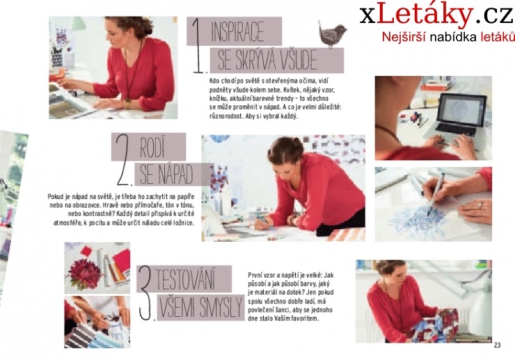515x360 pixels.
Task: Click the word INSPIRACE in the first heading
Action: tap(237, 31)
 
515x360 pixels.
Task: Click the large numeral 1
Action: tap(198, 45)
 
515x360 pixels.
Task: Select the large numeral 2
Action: tap(123, 160)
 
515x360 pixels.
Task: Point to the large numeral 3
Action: tap(145, 292)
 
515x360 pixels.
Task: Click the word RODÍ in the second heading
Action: tap(152, 148)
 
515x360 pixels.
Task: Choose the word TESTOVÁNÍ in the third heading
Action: tap(186, 279)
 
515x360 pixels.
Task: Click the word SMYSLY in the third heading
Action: tap(221, 308)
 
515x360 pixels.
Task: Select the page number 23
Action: tap(497, 345)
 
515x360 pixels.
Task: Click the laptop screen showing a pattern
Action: tap(461, 111)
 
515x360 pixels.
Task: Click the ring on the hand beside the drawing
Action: tap(480, 205)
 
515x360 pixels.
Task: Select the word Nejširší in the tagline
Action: tap(404, 37)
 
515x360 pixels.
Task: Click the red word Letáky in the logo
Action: tap(425, 15)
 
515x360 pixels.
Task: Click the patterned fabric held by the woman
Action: tap(434, 324)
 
